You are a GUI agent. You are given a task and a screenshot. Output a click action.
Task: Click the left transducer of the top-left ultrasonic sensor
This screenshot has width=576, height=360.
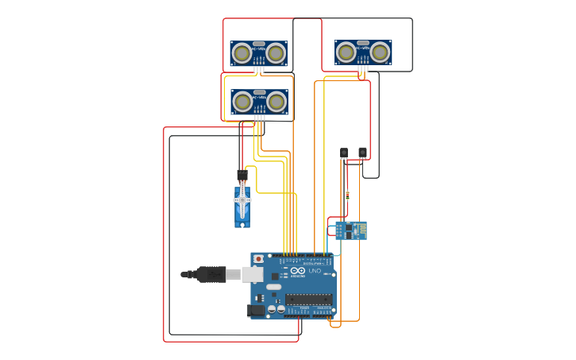coord(242,53)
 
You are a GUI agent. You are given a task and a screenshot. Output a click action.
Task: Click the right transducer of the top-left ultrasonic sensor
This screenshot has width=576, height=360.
coord(276,53)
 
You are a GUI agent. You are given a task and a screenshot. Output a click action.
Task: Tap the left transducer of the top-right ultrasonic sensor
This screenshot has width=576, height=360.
coord(346,52)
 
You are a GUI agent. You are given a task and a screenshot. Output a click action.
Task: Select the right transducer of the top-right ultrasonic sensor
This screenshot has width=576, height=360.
coord(381,52)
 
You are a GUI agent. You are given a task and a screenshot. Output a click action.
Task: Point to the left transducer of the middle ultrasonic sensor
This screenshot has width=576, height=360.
coord(242,102)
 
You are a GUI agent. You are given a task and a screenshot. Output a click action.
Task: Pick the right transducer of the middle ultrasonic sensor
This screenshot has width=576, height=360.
coord(276,102)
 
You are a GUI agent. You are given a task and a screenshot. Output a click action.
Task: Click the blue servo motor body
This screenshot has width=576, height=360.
coord(242,208)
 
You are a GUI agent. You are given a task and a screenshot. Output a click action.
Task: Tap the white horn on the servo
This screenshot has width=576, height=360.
coord(242,200)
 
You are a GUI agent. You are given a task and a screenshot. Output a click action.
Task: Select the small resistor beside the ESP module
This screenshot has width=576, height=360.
coord(347,195)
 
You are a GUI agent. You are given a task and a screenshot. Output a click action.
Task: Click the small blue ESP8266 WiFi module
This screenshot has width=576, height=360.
coord(350,230)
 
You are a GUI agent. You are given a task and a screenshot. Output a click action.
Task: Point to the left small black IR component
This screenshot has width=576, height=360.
coord(344,152)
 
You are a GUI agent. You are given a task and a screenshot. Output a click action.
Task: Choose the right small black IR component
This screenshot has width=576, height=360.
coord(362,152)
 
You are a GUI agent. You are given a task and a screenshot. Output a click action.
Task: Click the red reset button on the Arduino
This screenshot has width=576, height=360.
coord(258,259)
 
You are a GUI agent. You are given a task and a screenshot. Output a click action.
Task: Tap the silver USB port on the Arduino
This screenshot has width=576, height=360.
coord(252,274)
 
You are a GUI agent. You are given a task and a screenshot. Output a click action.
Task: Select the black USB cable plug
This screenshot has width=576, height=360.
coord(211,274)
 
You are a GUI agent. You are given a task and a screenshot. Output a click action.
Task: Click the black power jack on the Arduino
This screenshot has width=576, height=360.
coord(257,310)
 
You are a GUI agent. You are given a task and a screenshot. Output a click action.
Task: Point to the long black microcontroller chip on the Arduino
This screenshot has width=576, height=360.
coord(308,300)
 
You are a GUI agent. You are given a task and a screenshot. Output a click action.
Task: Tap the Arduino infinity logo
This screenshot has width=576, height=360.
coord(296,269)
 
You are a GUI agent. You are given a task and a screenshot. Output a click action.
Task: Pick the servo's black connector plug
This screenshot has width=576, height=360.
coord(242,174)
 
